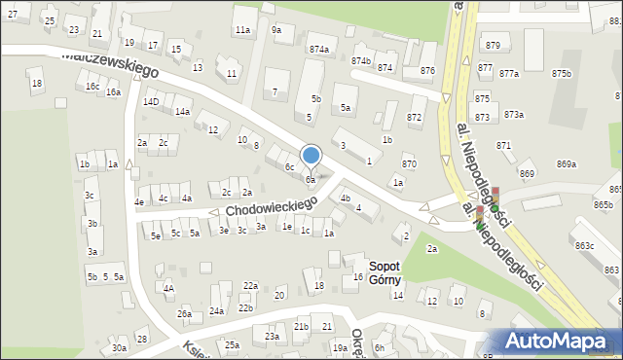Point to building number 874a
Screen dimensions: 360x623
click(318, 49)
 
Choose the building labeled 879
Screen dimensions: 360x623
click(493, 46)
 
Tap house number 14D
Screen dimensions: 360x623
click(151, 101)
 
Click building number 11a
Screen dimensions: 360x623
click(242, 31)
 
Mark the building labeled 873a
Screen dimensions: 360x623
click(513, 115)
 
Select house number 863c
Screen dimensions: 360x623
click(584, 246)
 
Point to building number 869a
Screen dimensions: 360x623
click(567, 164)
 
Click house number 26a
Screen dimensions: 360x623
click(184, 313)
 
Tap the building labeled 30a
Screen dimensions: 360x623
click(119, 347)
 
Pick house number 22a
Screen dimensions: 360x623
click(250, 285)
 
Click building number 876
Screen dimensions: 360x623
click(427, 71)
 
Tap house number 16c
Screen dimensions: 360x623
click(92, 87)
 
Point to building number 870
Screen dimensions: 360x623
click(409, 164)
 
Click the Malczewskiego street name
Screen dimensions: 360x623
click(110, 64)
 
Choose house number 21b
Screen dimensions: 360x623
click(302, 327)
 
